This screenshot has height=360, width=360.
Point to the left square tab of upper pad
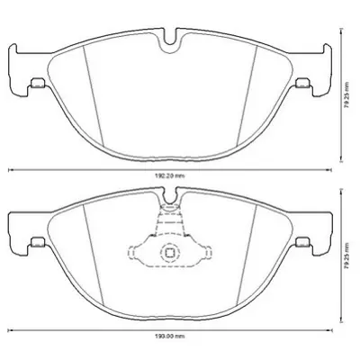click(38, 85)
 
